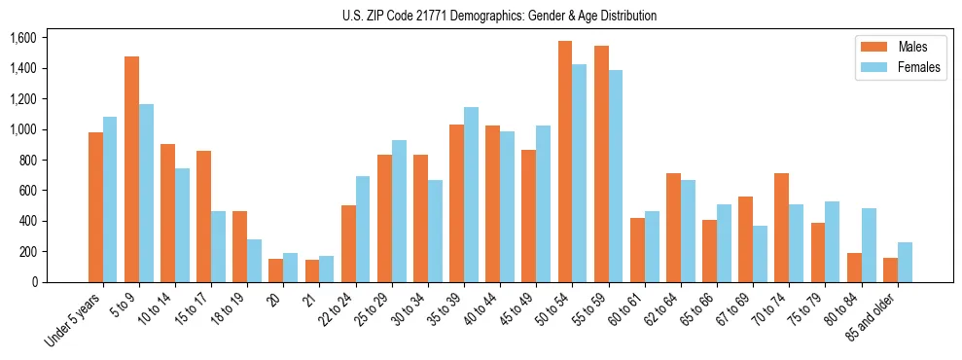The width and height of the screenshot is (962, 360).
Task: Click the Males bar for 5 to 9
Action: coord(131,169)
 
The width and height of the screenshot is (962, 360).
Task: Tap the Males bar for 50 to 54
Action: coord(565,162)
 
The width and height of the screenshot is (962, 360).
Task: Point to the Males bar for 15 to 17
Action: coord(203,216)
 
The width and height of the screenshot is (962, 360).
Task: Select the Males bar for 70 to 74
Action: coord(781,228)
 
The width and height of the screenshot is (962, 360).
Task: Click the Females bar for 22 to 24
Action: coord(363,229)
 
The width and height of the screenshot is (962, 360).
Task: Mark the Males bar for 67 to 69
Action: coord(745,239)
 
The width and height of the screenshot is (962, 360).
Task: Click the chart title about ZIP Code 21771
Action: coord(499,16)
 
